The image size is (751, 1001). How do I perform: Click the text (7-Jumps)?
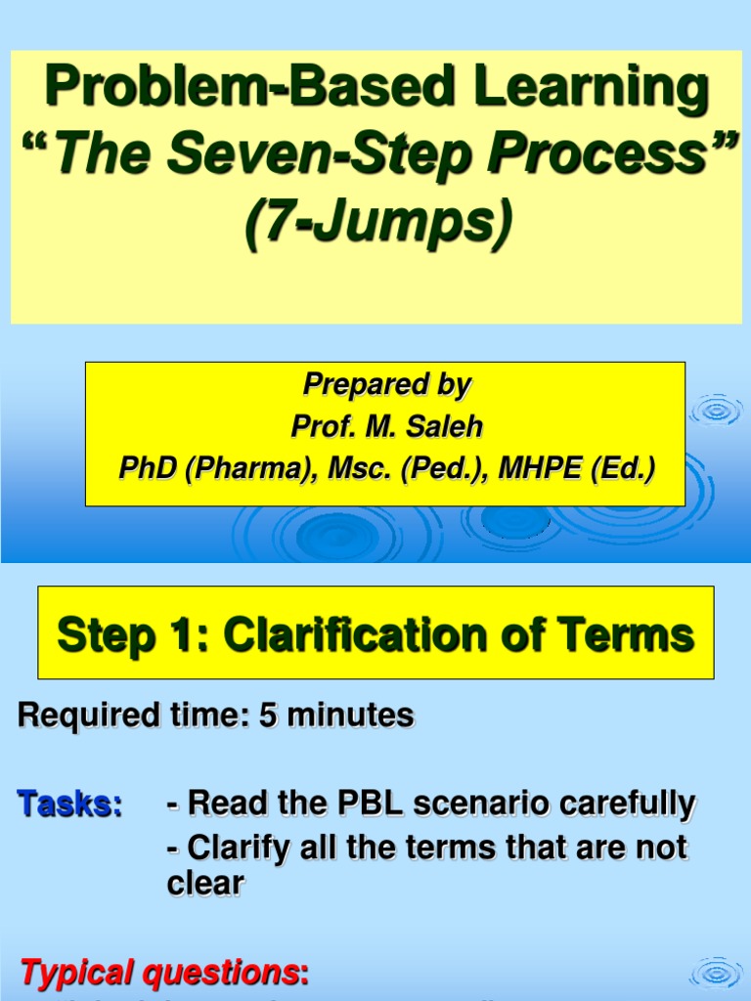tap(377, 224)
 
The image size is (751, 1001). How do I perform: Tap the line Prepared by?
tap(386, 385)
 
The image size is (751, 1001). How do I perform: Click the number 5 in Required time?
tap(267, 717)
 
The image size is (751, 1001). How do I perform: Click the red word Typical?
tap(78, 973)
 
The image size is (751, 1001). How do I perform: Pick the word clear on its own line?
tap(205, 885)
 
